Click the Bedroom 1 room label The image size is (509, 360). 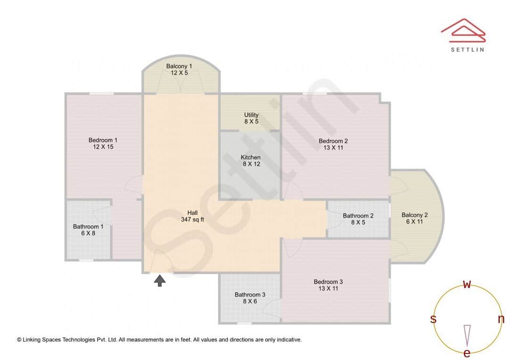point(103,140)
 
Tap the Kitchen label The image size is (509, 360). point(251,157)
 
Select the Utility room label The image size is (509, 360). point(251,115)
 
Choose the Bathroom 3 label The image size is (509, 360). point(250,295)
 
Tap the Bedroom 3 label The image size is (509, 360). point(328,282)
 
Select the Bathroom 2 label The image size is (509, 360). point(358,216)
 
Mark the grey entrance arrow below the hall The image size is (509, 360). point(160,281)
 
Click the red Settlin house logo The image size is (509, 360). point(463,29)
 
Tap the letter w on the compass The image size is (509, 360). point(467,284)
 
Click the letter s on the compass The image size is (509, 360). point(433,319)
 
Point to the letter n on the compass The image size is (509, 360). point(501,319)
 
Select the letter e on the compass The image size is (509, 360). point(467,353)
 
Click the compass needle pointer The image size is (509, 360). point(467,335)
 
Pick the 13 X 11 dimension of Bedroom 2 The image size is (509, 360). point(333,147)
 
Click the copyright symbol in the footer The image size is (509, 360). point(19,339)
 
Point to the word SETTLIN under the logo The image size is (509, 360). point(467,49)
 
